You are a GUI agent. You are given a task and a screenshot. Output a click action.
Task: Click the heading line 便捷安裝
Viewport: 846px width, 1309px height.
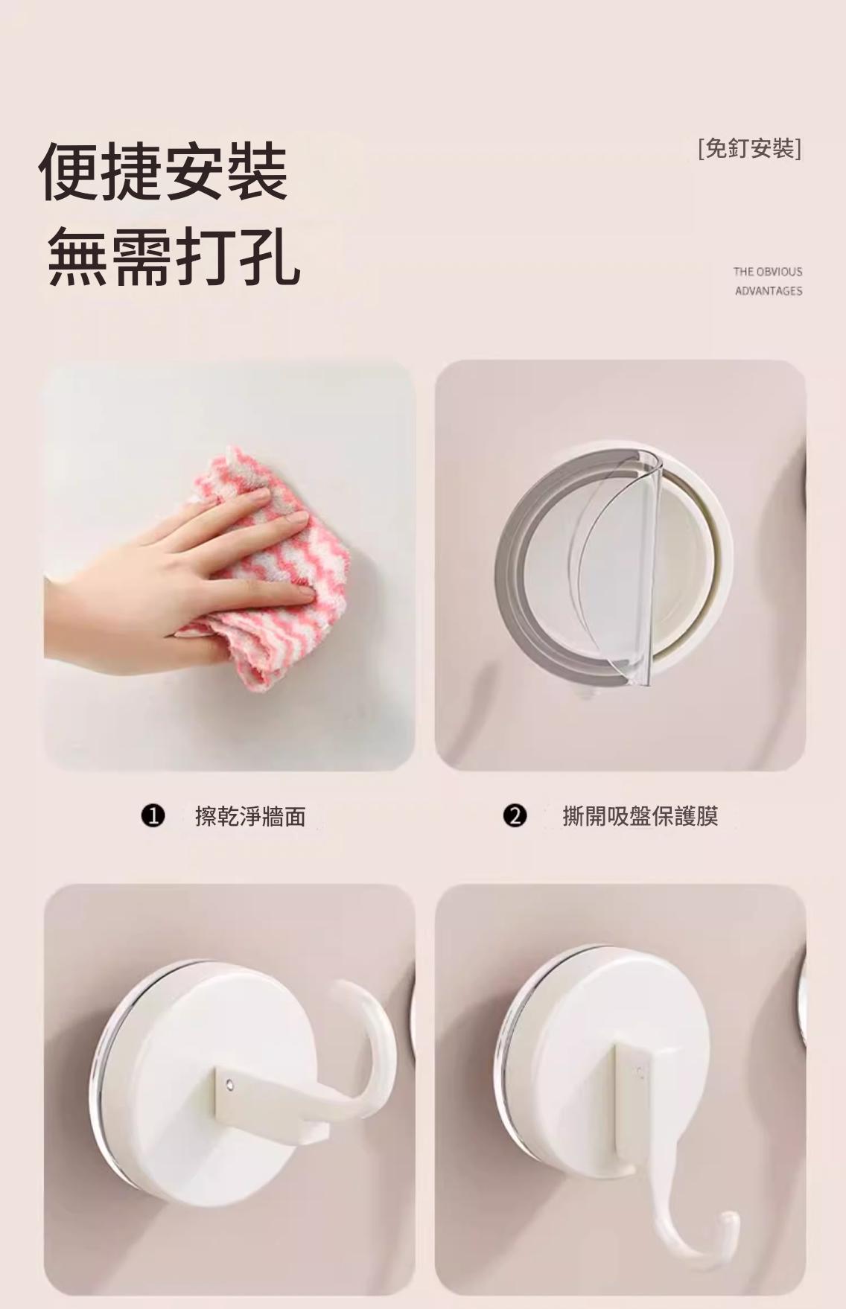[163, 172]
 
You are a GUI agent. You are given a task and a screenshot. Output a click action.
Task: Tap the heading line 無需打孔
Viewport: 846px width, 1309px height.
[174, 258]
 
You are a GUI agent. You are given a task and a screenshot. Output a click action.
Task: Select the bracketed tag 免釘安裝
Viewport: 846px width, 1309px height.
[750, 148]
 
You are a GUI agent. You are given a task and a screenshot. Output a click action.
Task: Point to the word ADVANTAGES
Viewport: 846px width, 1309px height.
[769, 291]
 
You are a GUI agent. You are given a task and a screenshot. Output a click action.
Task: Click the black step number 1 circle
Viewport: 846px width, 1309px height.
[153, 816]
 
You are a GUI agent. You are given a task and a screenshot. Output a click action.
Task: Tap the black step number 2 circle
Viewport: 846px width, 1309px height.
[515, 816]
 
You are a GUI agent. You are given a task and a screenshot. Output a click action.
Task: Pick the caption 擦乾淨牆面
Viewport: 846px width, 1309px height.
[250, 817]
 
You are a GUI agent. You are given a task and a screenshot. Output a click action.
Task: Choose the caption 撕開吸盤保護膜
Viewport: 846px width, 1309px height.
[640, 816]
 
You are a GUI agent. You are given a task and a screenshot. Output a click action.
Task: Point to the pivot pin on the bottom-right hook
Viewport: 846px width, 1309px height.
[638, 1073]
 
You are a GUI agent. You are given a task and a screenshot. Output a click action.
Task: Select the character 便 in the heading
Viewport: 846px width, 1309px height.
[69, 172]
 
